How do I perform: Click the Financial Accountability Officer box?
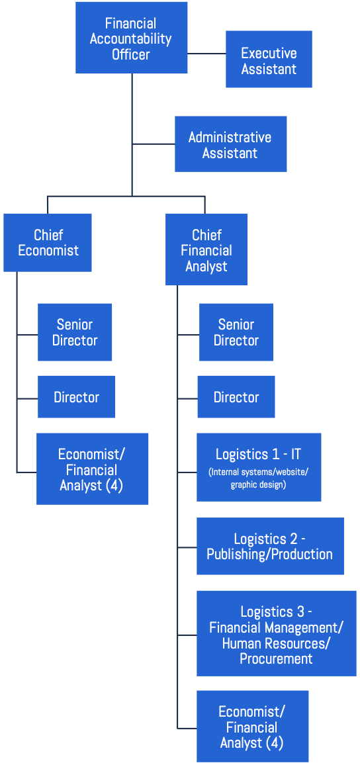(131, 38)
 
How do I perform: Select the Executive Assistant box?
(269, 59)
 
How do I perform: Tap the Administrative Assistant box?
(231, 144)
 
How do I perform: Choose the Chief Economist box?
(48, 242)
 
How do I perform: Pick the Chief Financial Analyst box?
(206, 249)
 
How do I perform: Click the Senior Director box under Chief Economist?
(75, 332)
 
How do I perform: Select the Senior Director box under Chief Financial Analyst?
(236, 332)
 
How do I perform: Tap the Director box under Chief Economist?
(77, 396)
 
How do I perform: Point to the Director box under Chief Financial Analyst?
(236, 396)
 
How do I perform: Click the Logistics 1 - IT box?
(259, 467)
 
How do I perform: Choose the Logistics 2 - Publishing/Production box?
(270, 546)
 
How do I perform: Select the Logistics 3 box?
(277, 633)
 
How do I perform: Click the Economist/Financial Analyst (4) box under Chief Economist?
(92, 469)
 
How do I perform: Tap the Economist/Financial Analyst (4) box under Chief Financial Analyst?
(253, 727)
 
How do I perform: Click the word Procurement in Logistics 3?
(276, 658)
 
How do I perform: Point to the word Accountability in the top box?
(131, 38)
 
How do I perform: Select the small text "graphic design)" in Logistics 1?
(259, 486)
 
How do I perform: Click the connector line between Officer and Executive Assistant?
(206, 53)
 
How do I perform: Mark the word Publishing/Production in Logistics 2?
(270, 555)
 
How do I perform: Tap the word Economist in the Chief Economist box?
(48, 251)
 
